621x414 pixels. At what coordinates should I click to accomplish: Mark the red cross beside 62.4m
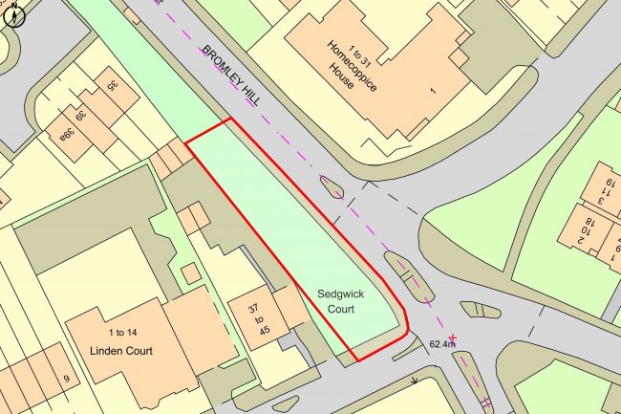(454, 338)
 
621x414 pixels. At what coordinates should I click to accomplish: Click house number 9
(66, 380)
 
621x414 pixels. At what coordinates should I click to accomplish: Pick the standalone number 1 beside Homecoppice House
(433, 91)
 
